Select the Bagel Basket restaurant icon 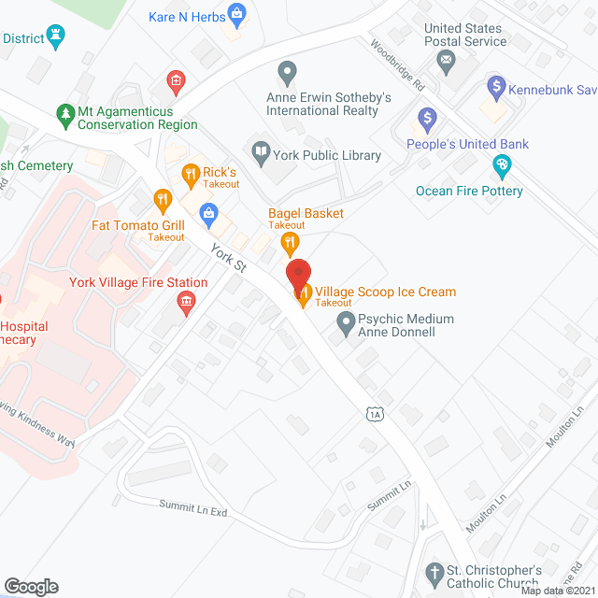pyautogui.click(x=290, y=244)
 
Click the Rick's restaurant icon pyautogui.click(x=191, y=173)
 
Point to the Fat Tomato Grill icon pyautogui.click(x=164, y=199)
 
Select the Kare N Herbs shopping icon pyautogui.click(x=237, y=14)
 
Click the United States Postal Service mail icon pyautogui.click(x=447, y=63)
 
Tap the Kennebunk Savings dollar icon pyautogui.click(x=497, y=90)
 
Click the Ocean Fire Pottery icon pyautogui.click(x=502, y=166)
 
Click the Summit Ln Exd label pyautogui.click(x=192, y=508)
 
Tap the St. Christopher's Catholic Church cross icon pyautogui.click(x=434, y=571)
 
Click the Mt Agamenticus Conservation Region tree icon pyautogui.click(x=65, y=116)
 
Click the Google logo pyautogui.click(x=30, y=586)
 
